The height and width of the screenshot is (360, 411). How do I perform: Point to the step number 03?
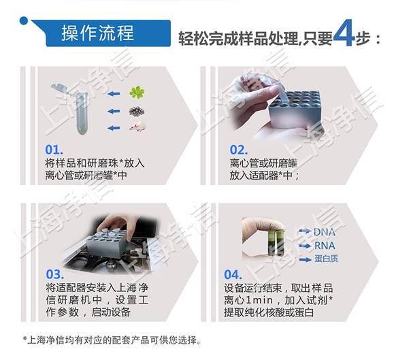[x=54, y=275]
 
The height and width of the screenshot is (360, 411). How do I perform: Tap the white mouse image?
[x=137, y=126]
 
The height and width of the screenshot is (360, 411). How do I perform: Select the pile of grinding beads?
[x=138, y=110]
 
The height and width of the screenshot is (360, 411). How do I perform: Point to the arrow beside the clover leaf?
[x=114, y=93]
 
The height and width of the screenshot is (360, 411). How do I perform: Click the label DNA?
[x=325, y=232]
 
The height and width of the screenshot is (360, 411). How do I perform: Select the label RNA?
[x=324, y=246]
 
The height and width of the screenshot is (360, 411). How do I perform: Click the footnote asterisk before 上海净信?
[x=25, y=340]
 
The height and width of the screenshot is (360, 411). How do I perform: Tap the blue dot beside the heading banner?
[x=24, y=20]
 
